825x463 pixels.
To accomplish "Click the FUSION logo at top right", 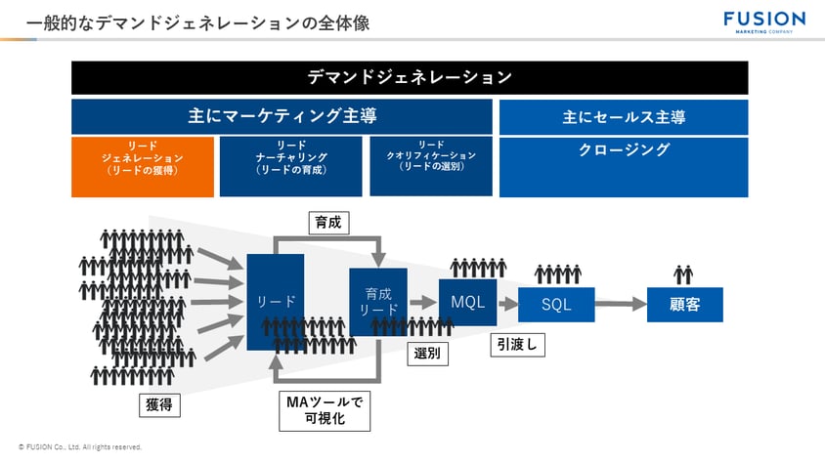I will (763, 21).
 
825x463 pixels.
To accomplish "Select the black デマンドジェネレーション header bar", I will (410, 77).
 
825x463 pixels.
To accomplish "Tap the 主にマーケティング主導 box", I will (282, 116).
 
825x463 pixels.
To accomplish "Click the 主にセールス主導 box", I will (624, 116).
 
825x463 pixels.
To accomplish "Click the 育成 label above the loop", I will (327, 223).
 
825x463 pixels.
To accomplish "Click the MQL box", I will (467, 301).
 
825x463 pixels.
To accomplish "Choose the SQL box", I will (556, 305).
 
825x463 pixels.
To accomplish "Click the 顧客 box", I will (684, 305).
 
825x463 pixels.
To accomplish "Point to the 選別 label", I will (427, 353).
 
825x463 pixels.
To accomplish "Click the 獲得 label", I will (158, 404).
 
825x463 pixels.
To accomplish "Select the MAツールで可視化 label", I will (325, 411).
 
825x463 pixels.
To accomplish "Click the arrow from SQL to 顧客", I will (621, 305).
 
